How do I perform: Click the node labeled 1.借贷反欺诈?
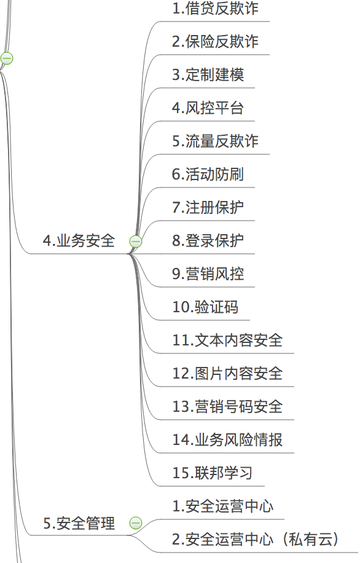216,8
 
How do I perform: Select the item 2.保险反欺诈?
216,41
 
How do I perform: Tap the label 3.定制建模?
208,75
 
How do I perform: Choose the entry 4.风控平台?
208,108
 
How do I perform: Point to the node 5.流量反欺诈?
216,141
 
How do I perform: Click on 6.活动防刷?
208,174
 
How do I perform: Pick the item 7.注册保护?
208,207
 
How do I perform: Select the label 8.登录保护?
208,240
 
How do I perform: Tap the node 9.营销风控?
208,274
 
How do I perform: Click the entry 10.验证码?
205,307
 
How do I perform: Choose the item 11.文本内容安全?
227,340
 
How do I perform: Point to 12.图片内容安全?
227,374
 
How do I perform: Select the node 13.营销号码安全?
227,406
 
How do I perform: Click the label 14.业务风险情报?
227,439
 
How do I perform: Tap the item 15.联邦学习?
213,473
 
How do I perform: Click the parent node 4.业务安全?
79,240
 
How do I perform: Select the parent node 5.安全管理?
79,523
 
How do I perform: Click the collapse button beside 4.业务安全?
136,242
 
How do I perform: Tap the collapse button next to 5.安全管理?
136,523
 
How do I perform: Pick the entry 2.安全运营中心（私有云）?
256,539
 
